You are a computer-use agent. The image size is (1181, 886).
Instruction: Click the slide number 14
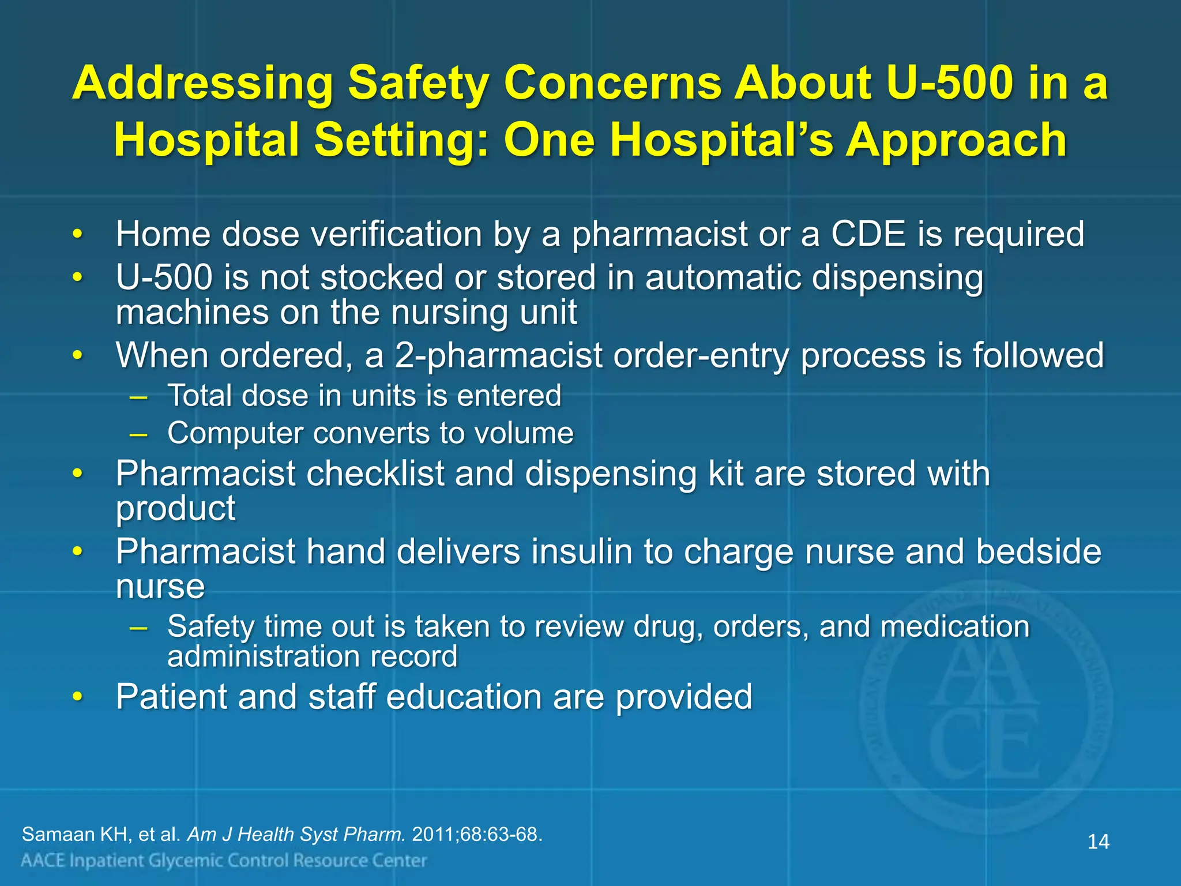click(x=1098, y=842)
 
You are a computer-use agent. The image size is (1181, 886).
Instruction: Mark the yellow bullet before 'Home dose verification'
click(x=77, y=234)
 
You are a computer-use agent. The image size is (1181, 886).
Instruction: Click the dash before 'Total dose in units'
click(x=138, y=397)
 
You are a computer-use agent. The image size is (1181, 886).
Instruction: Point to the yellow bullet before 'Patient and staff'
click(x=77, y=697)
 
